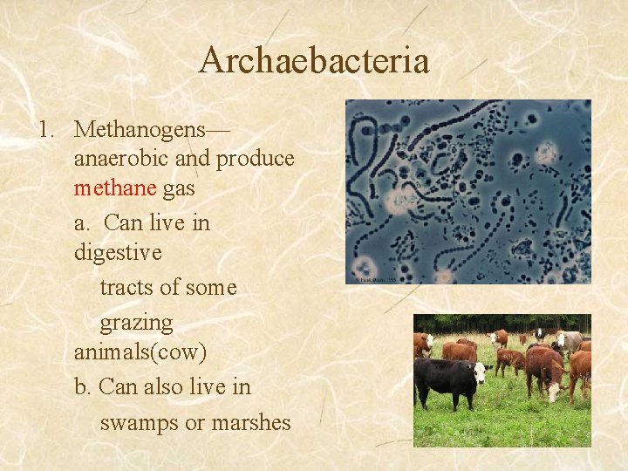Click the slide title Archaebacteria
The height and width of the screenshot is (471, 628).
tap(314, 61)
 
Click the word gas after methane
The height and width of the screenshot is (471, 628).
tap(179, 189)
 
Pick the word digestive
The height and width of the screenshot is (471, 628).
tap(118, 253)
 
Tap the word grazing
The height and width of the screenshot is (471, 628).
tap(137, 323)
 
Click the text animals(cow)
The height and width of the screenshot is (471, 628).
tap(140, 352)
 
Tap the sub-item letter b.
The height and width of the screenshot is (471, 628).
tap(83, 386)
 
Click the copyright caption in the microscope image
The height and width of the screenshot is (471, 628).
tap(372, 279)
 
